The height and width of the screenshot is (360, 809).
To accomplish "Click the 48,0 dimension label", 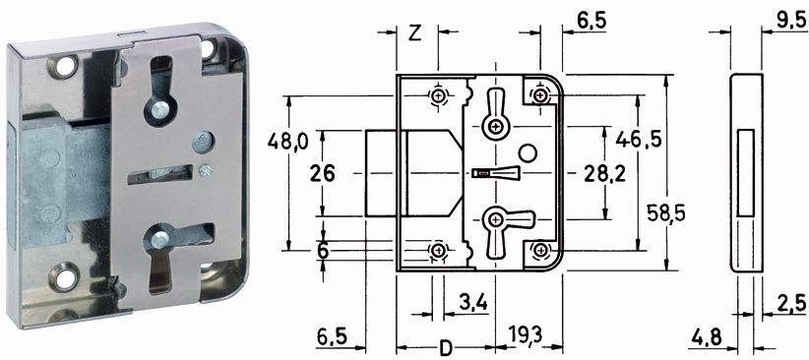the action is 287,141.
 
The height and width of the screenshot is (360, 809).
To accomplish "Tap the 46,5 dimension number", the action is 638,140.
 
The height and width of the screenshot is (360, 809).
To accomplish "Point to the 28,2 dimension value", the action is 604,174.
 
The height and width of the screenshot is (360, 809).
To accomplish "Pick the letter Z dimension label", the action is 414,33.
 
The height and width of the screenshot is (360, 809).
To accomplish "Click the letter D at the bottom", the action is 445,348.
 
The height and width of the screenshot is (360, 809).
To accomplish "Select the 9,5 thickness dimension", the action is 789,22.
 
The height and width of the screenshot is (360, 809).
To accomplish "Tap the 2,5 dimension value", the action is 789,304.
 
